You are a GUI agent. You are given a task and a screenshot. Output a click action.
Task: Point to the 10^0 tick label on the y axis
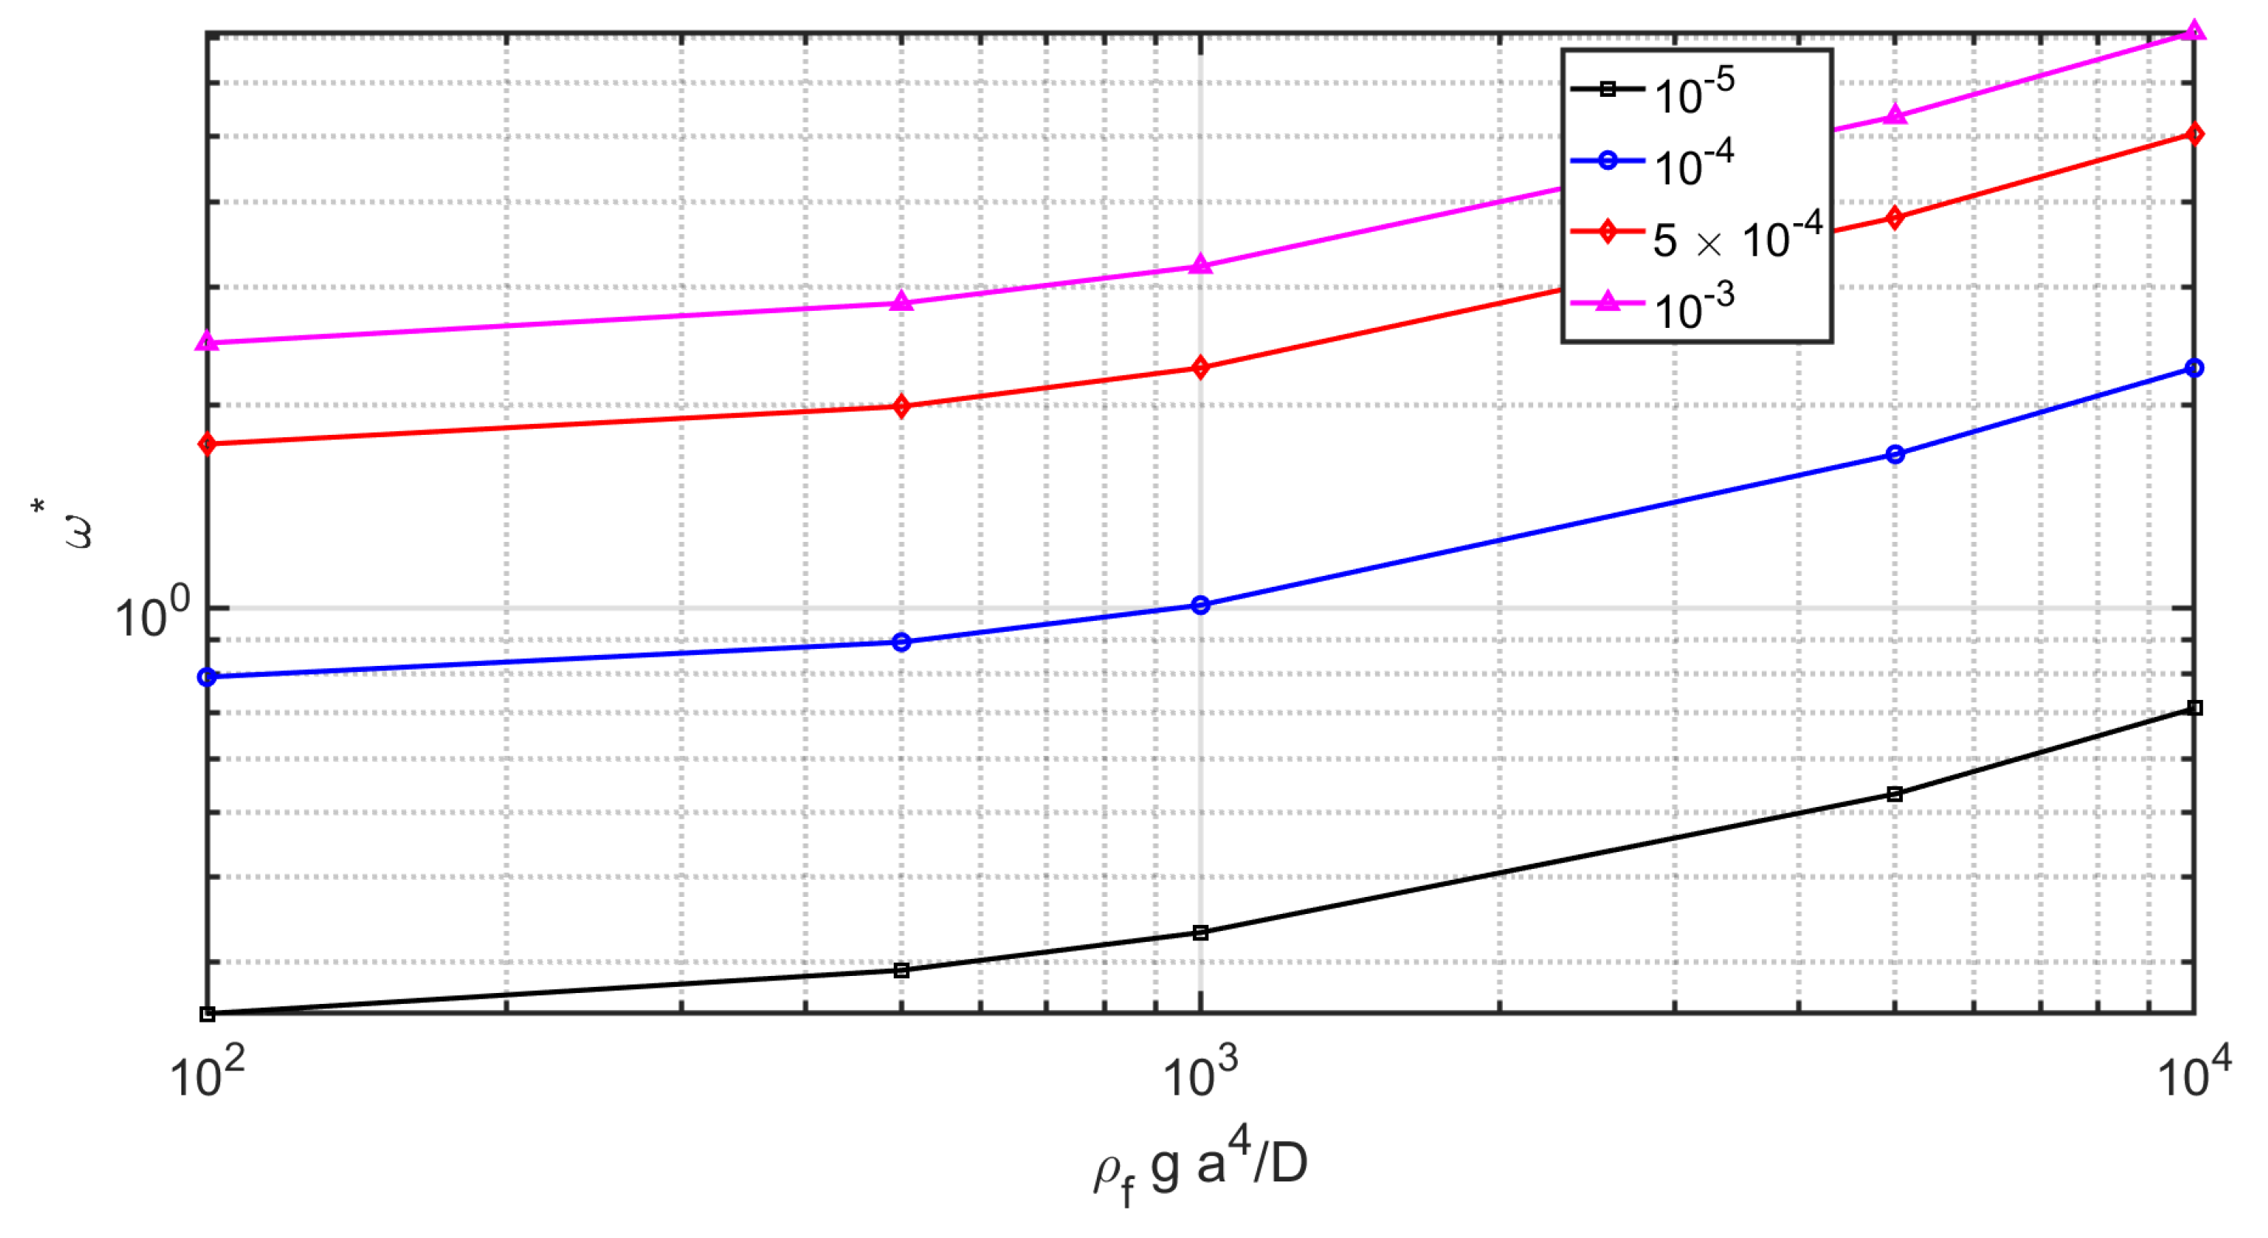tap(151, 614)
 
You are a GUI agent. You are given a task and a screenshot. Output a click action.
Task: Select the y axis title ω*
tap(65, 525)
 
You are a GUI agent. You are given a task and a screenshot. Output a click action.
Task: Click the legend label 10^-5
tap(1693, 91)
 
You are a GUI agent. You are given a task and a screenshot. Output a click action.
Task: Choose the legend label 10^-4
tap(1693, 164)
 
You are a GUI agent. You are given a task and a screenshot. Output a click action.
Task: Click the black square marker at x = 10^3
tap(1200, 933)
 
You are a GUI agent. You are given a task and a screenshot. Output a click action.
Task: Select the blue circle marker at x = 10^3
tap(1200, 605)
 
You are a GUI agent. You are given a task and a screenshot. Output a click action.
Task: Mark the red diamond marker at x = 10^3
tap(1200, 368)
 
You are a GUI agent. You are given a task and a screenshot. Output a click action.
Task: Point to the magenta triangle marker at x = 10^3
tap(1200, 265)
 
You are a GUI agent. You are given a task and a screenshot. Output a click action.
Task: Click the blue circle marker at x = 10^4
tap(2194, 368)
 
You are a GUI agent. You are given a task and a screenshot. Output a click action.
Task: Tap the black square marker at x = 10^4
tap(2194, 708)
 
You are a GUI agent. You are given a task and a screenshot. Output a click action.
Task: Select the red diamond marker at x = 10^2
tap(207, 443)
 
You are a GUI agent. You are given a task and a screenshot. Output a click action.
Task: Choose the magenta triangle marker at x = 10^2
tap(207, 342)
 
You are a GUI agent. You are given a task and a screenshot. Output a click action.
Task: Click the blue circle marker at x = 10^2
tap(207, 677)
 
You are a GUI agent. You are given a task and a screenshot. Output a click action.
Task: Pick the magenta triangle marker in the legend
tap(1608, 303)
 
